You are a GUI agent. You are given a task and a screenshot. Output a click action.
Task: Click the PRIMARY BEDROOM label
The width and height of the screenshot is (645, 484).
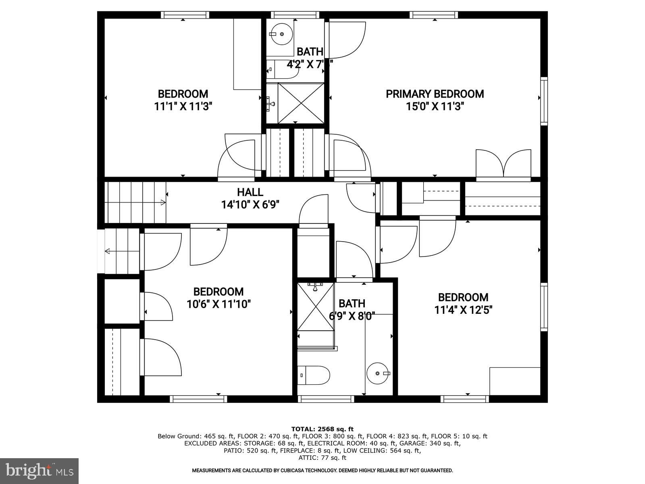point(435,94)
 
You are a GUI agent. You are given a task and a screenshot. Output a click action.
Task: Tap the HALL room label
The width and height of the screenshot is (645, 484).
point(250,192)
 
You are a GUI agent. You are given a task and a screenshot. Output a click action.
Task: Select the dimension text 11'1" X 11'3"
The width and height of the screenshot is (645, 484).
point(183,106)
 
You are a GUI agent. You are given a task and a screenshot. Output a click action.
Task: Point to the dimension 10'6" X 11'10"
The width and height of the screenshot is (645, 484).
point(218,304)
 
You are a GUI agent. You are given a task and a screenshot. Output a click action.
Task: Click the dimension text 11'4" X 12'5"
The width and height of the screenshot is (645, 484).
point(463,310)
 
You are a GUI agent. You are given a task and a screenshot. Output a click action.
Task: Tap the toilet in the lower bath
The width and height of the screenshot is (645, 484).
point(314,375)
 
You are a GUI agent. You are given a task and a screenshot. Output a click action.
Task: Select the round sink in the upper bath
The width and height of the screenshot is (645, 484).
point(281,34)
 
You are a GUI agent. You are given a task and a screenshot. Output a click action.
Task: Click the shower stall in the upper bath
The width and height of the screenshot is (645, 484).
point(301,103)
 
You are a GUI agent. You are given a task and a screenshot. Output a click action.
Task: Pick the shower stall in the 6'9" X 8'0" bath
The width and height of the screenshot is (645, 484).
point(315,307)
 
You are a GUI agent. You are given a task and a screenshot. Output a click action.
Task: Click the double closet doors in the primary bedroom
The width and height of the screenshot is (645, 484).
point(504,164)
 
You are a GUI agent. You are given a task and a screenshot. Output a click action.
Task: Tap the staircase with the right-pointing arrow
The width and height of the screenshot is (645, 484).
point(135,202)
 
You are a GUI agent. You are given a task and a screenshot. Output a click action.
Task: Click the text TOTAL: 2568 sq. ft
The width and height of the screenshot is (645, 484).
point(322,429)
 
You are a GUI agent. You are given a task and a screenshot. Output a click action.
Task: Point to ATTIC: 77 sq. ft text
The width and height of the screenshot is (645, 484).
point(322,458)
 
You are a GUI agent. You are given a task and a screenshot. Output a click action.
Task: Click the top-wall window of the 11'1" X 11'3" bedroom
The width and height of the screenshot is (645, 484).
point(185,15)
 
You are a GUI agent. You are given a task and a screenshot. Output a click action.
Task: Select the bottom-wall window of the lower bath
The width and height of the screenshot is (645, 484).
point(326,399)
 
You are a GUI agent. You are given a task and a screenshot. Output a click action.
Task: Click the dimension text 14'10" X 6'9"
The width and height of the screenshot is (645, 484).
point(250,205)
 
